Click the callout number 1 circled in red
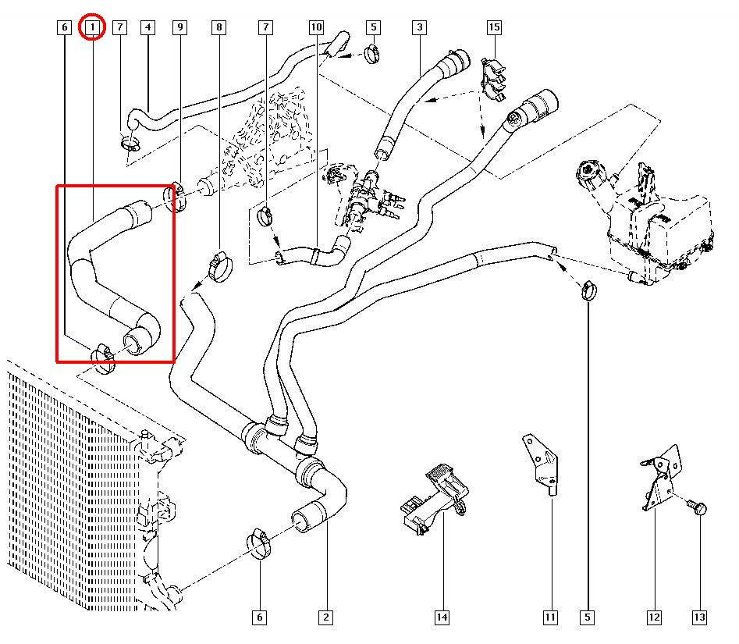[x=92, y=27]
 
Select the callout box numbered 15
[x=494, y=27]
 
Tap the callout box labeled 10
[x=316, y=27]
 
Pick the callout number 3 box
[x=420, y=27]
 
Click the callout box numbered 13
[x=699, y=617]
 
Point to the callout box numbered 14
[x=442, y=617]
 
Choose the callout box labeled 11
[x=550, y=617]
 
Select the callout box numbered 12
[x=654, y=617]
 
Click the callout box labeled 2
[x=325, y=617]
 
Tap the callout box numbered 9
[x=179, y=27]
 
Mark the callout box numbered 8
[x=219, y=27]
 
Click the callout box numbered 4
[x=147, y=27]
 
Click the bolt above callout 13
[x=698, y=507]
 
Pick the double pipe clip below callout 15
[x=493, y=79]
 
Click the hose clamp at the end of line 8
[x=219, y=266]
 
